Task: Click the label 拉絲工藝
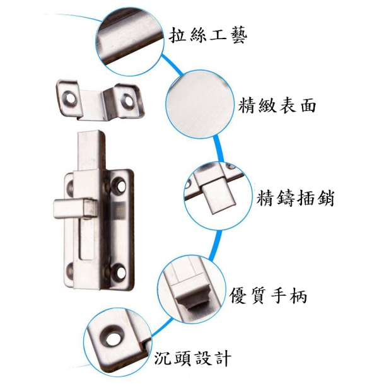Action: [x=208, y=35]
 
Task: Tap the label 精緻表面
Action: [x=277, y=105]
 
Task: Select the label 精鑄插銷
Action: [x=296, y=198]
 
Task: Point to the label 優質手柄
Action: [x=268, y=296]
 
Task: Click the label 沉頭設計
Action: [x=192, y=358]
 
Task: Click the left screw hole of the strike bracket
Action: [x=69, y=98]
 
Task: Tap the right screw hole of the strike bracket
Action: [x=128, y=100]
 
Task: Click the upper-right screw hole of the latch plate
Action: [x=120, y=185]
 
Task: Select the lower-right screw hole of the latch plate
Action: [x=120, y=272]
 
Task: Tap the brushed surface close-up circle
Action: [x=201, y=104]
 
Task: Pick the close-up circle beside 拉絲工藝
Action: [x=130, y=41]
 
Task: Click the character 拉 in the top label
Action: [x=177, y=35]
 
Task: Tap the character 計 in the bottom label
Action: [x=223, y=358]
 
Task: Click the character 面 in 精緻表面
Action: [x=308, y=105]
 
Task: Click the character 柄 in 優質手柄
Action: [x=298, y=296]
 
